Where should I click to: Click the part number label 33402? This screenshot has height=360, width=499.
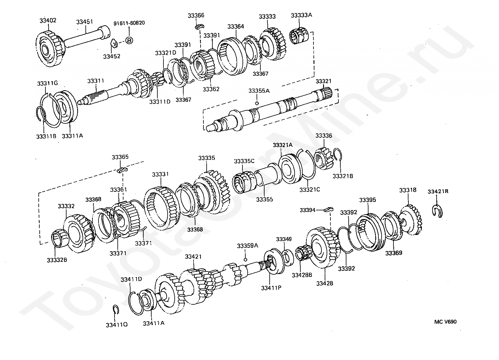coord(48,20)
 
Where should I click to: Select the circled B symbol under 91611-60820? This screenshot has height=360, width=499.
coord(129,41)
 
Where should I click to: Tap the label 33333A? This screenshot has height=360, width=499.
coord(301,15)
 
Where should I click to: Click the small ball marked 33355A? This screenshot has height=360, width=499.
coord(257,103)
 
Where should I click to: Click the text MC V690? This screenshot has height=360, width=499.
coord(445,322)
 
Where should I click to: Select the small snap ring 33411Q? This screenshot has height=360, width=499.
coord(116,309)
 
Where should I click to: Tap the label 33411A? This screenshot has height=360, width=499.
coord(154,323)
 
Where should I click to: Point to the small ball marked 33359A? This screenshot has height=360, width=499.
coord(245,259)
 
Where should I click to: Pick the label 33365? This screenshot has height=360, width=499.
coord(120,157)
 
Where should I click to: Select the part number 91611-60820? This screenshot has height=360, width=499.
coord(129,23)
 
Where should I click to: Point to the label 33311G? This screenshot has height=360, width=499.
coord(47,84)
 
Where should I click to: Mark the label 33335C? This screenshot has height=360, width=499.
coord(244,161)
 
